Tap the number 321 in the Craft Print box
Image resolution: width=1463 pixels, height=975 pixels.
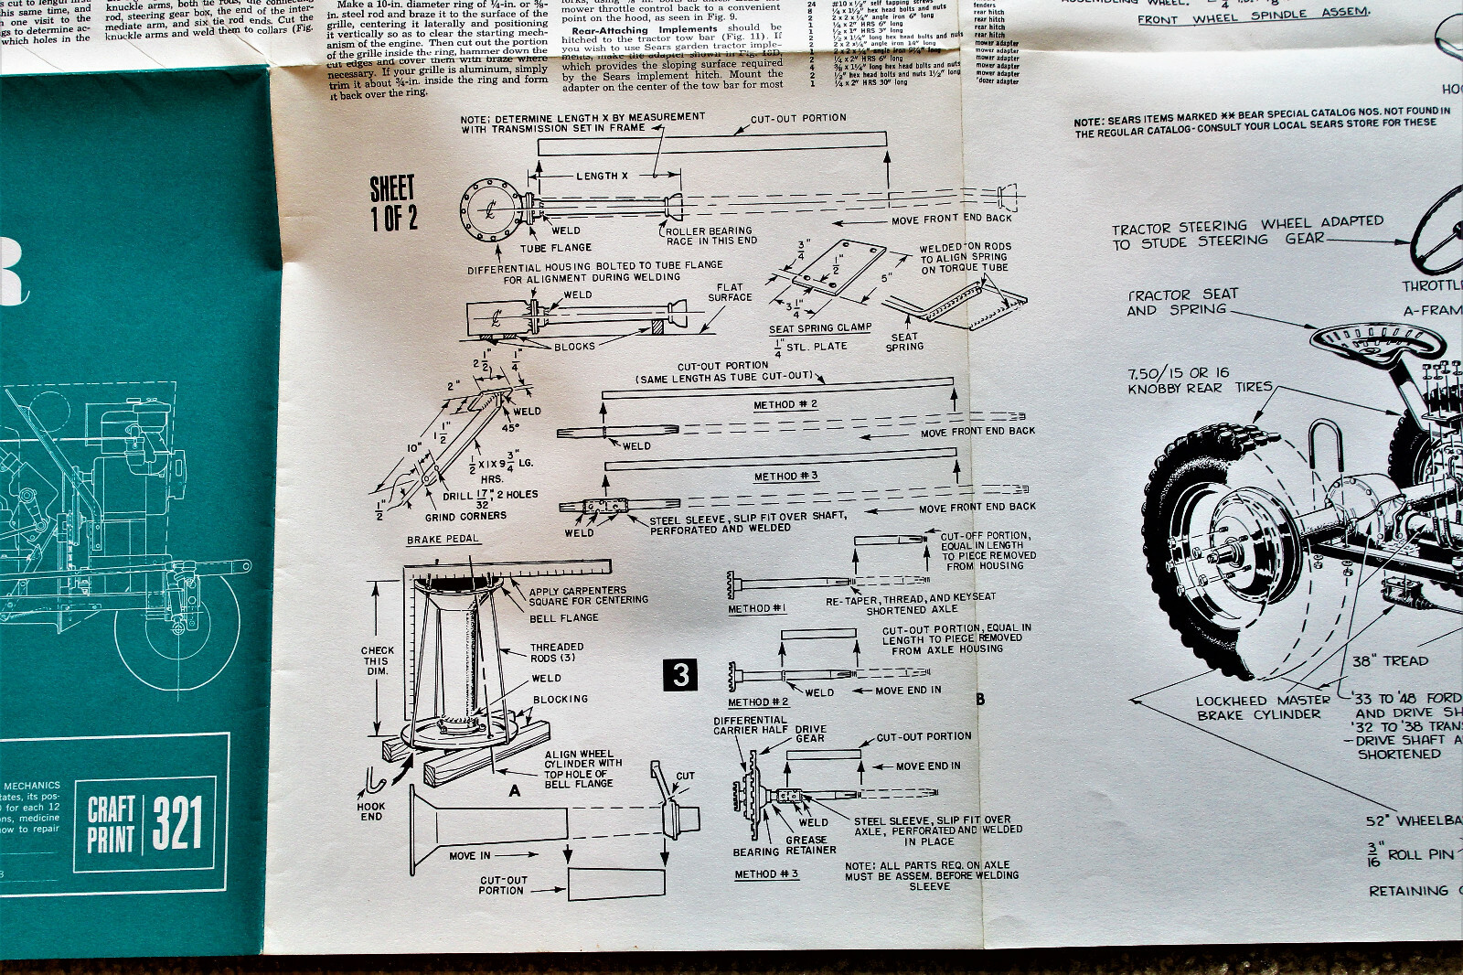176,822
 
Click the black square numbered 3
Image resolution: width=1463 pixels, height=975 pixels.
679,675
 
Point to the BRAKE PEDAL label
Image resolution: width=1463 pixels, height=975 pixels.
443,540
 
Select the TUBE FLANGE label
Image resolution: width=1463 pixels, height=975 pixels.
556,247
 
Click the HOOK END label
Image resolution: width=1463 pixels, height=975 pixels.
371,811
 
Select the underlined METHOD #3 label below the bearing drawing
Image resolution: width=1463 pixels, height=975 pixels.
767,874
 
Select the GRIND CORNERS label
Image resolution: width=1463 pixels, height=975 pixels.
470,516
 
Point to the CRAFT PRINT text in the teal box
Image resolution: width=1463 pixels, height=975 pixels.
112,823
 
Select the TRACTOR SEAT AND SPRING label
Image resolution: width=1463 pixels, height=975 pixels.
1182,302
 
